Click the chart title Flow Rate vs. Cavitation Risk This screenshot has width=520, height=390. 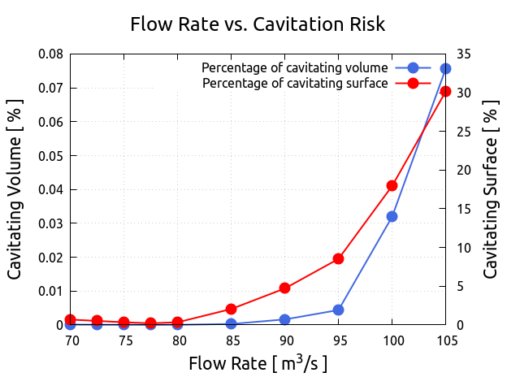pos(258,24)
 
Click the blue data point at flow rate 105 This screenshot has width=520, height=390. pos(445,69)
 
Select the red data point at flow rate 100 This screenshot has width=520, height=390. pos(392,185)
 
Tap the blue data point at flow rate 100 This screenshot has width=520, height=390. pos(392,216)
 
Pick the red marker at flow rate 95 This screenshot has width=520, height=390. pos(338,258)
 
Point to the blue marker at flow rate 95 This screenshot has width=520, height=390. pos(338,310)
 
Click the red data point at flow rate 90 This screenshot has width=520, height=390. pos(284,288)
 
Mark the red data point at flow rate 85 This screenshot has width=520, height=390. pos(231,309)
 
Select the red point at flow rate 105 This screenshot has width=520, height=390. pos(445,91)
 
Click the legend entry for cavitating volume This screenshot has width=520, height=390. pos(295,67)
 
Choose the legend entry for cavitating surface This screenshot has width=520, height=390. pos(295,83)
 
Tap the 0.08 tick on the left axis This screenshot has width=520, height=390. pos(51,54)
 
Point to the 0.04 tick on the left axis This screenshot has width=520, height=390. pos(51,189)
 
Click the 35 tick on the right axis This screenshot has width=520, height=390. pos(464,54)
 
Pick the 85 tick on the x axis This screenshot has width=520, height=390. pos(232,340)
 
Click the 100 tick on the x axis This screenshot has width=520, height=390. pos(392,340)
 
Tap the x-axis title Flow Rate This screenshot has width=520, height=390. pos(258,363)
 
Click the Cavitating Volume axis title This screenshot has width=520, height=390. pos(15,190)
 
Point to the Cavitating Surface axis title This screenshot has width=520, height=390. pos(491,190)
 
